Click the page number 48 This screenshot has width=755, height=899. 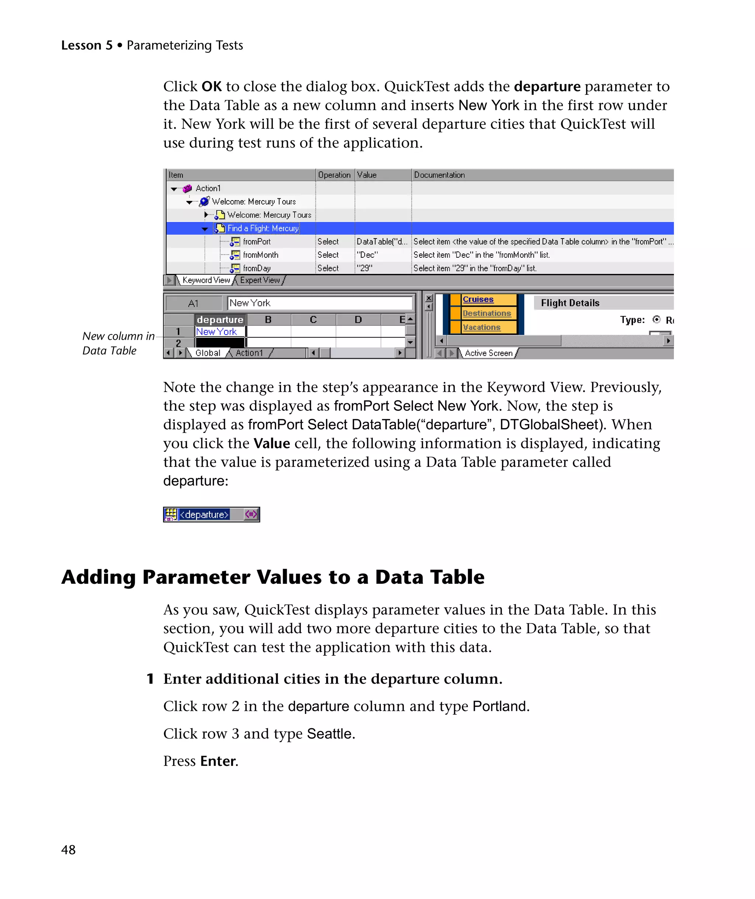pyautogui.click(x=69, y=850)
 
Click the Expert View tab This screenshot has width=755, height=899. pyautogui.click(x=260, y=280)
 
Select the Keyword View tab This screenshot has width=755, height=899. pyautogui.click(x=206, y=280)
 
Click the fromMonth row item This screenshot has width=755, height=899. pyautogui.click(x=260, y=255)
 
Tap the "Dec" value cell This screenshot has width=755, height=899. pyautogui.click(x=367, y=255)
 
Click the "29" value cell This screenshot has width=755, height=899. pyautogui.click(x=365, y=268)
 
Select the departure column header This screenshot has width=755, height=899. pyautogui.click(x=220, y=319)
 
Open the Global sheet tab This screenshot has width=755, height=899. pyautogui.click(x=208, y=353)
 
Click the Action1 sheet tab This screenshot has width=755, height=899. pyautogui.click(x=249, y=353)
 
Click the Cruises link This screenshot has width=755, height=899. pyautogui.click(x=478, y=299)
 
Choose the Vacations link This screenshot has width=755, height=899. pyautogui.click(x=481, y=327)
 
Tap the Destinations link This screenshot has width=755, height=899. pyautogui.click(x=487, y=313)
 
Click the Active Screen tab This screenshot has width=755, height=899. pyautogui.click(x=488, y=353)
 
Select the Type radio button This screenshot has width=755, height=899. pyautogui.click(x=657, y=319)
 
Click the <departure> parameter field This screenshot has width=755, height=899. pyautogui.click(x=204, y=514)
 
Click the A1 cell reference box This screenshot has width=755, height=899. pyautogui.click(x=194, y=303)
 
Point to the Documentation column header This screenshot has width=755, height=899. pyautogui.click(x=439, y=175)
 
